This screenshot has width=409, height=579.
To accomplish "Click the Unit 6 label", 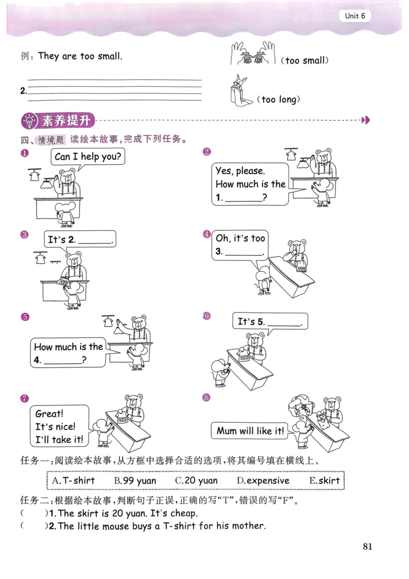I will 354,16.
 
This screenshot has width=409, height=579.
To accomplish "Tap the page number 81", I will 368,546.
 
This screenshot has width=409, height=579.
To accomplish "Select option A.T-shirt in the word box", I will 74,480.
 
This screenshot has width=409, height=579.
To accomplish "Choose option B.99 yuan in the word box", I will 135,480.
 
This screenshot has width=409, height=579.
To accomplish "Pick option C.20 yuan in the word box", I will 196,480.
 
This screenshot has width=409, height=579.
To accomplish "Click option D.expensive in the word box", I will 263,480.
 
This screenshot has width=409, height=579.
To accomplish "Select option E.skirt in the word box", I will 324,480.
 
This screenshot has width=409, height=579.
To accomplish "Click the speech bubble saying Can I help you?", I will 88,157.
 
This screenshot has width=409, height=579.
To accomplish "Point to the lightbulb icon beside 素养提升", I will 30,121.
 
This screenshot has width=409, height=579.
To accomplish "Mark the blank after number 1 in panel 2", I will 244,197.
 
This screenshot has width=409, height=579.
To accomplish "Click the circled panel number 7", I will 24,398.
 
